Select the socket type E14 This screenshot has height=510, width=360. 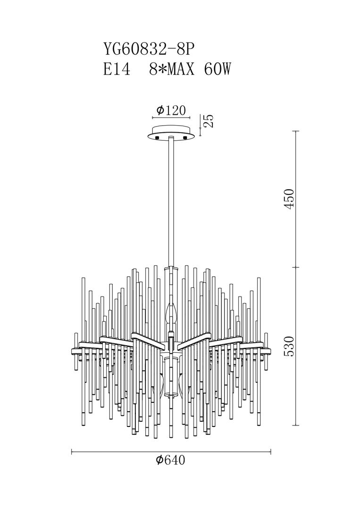click(117, 69)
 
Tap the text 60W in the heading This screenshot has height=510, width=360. click(218, 69)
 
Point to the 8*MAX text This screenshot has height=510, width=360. click(171, 69)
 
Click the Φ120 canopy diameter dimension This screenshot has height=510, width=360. click(171, 110)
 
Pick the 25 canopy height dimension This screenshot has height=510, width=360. click(209, 121)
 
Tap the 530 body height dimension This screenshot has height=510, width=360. click(289, 346)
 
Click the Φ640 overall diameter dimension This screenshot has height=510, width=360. click(170, 460)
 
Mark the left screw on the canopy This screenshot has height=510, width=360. click(158, 137)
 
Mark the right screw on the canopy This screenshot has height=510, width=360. click(185, 137)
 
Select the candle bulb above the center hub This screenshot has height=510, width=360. click(171, 313)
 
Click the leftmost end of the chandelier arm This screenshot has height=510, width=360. click(71, 352)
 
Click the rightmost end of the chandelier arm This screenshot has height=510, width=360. click(271, 352)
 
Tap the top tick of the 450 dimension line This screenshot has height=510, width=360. click(295, 131)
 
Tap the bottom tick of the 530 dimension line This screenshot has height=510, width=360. click(295, 425)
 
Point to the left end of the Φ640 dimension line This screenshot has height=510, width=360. click(71, 451)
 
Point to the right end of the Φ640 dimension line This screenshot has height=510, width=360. click(271, 451)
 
